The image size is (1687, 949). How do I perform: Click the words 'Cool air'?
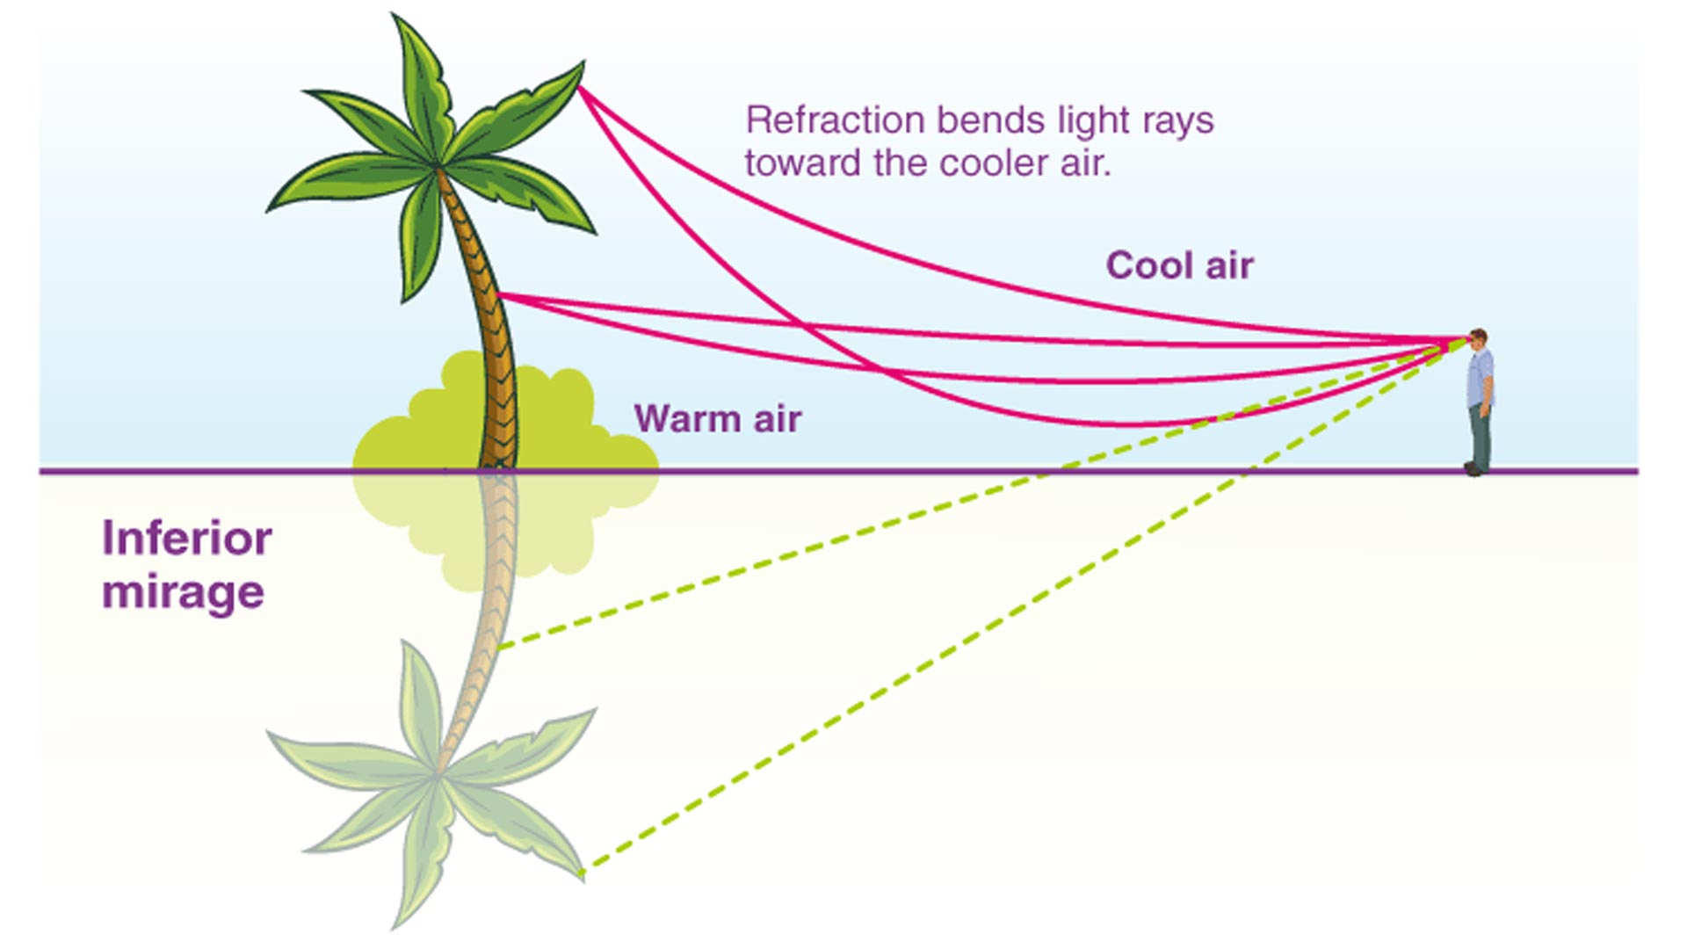(x=1179, y=265)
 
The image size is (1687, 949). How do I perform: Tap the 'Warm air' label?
(x=717, y=418)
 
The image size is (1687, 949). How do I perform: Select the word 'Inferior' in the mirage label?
(x=186, y=538)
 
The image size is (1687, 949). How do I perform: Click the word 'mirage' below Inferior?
(x=183, y=591)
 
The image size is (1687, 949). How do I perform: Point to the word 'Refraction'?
(x=835, y=120)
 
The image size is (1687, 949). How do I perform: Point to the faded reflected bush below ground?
(x=562, y=527)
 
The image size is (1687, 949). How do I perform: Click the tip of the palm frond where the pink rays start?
(x=580, y=86)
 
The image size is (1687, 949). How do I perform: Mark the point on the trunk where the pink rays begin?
(x=499, y=296)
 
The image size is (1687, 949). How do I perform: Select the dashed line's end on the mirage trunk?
(x=499, y=648)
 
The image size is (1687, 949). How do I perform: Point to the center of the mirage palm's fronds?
(x=437, y=775)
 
